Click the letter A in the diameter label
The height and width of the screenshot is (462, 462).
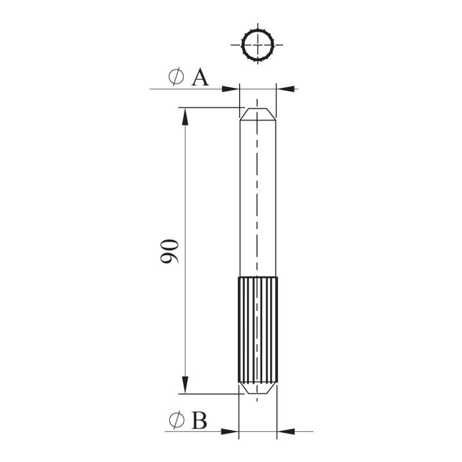(x=200, y=77)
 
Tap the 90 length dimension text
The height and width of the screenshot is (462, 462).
(x=169, y=251)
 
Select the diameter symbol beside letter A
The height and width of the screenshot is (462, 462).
(x=176, y=77)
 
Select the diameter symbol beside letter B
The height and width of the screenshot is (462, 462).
(x=177, y=420)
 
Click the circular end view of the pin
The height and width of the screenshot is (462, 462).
(x=258, y=45)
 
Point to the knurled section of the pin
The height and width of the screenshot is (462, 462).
(x=258, y=330)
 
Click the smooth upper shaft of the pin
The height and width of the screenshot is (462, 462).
(x=258, y=198)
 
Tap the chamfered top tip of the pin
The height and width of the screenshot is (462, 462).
(x=258, y=114)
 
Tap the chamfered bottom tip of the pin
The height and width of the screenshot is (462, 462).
(x=258, y=388)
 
